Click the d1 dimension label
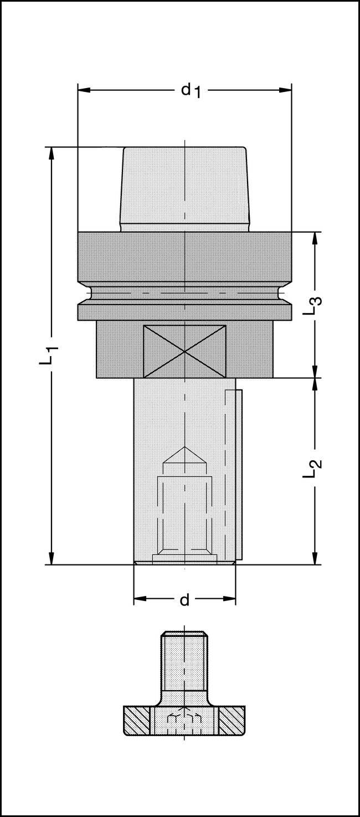pyautogui.click(x=191, y=90)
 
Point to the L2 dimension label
pyautogui.click(x=312, y=469)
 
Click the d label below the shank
pyautogui.click(x=185, y=599)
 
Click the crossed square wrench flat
pyautogui.click(x=184, y=351)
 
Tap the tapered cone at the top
pyautogui.click(x=185, y=189)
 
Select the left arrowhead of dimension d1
pyautogui.click(x=84, y=90)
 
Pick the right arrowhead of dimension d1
pyautogui.click(x=285, y=90)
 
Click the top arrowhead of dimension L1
pyautogui.click(x=52, y=153)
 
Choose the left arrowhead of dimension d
pyautogui.click(x=140, y=599)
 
